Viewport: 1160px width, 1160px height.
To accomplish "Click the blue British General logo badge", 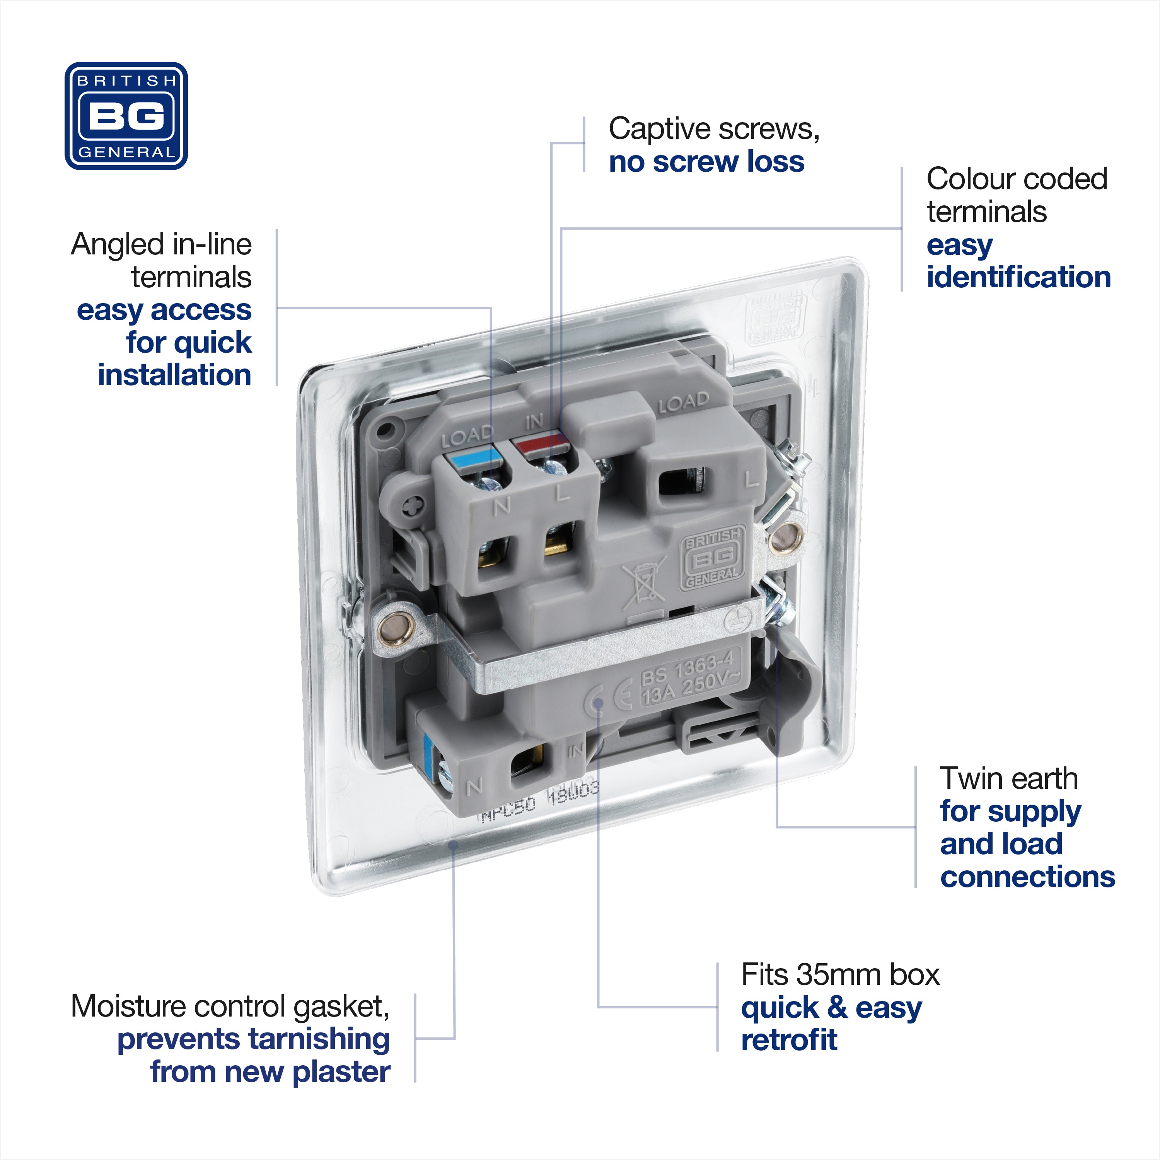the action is pos(126,116).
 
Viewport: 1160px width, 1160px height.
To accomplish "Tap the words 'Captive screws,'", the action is pos(714,129).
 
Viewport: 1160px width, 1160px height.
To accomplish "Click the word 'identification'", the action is pos(1018,277).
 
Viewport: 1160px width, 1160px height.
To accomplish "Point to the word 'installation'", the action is pos(174,375).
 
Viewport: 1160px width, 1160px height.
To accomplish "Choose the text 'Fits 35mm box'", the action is pos(840,974).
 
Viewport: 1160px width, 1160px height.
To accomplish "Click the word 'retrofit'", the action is pos(789,1039).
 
